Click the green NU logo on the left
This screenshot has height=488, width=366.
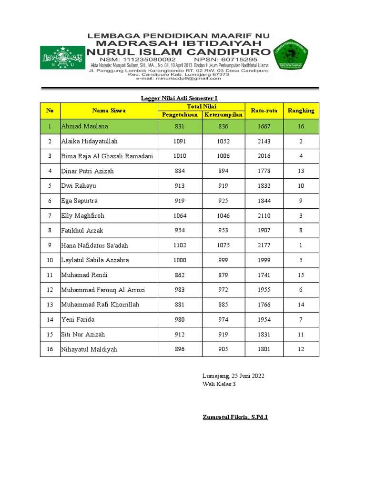tap(61, 58)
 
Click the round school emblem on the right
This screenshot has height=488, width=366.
tap(291, 57)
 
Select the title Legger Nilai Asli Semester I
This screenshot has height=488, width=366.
tap(179, 98)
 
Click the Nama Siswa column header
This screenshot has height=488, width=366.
tap(109, 111)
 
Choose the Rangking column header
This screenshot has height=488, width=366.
tap(301, 111)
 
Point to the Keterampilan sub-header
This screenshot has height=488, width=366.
tap(223, 115)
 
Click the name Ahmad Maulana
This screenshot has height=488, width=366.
tap(84, 126)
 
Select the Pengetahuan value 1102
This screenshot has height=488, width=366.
tap(180, 245)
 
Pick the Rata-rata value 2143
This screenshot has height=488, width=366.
tap(264, 142)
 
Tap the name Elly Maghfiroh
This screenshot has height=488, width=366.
tap(82, 216)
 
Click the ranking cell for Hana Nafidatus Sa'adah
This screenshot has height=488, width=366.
tap(301, 245)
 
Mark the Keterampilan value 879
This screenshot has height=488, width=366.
tap(223, 275)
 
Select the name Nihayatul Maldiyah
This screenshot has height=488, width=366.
tap(89, 349)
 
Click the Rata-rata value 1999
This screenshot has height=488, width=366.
tap(264, 260)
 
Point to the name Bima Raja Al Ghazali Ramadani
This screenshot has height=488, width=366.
tap(107, 156)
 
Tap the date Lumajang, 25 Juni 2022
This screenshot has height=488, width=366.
tap(233, 376)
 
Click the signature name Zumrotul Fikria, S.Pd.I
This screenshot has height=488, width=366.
tap(235, 417)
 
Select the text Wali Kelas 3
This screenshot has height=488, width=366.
tap(219, 385)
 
